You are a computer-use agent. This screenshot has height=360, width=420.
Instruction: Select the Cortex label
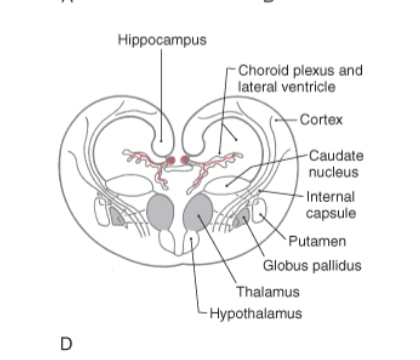pyautogui.click(x=321, y=120)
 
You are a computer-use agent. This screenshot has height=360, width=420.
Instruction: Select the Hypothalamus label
pyautogui.click(x=255, y=313)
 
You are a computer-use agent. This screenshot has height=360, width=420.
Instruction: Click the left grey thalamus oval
pyautogui.click(x=160, y=213)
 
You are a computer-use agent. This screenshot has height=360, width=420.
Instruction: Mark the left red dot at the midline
pyautogui.click(x=171, y=160)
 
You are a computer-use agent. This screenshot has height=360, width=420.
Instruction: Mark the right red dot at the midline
pyautogui.click(x=186, y=160)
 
